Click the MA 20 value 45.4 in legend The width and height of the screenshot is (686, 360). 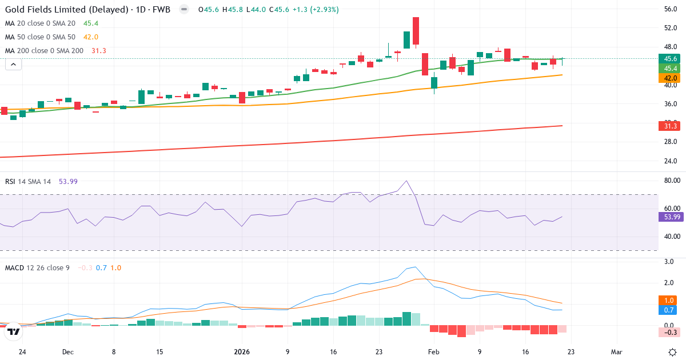[x=91, y=23]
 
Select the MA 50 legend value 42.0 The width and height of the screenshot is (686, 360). [x=91, y=37]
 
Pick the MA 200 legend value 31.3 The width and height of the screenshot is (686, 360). [x=98, y=51]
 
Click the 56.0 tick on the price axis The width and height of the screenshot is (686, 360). [x=671, y=9]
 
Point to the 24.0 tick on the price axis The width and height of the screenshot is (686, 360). [x=671, y=161]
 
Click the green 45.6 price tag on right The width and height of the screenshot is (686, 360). [x=670, y=59]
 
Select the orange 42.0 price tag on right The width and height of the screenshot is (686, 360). [x=670, y=78]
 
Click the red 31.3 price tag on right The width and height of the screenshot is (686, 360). [x=670, y=126]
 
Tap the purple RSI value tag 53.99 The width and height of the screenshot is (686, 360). [x=670, y=217]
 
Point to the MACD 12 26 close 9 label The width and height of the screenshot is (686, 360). [x=37, y=267]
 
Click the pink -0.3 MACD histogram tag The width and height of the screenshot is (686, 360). [x=670, y=333]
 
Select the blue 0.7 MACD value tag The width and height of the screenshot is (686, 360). [x=670, y=310]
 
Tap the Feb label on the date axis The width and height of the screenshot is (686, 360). [x=433, y=352]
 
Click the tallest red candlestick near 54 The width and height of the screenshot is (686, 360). [x=416, y=31]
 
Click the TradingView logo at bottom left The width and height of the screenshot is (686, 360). [x=13, y=331]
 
